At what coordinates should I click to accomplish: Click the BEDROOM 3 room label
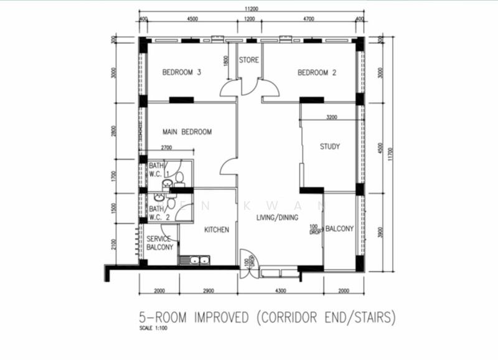[x=181, y=72]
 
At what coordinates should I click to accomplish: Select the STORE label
[x=249, y=60]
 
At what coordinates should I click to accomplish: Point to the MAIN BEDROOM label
[x=187, y=132]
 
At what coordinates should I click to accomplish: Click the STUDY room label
[x=329, y=147]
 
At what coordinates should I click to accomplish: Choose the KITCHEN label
[x=217, y=230]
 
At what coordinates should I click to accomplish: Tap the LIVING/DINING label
[x=277, y=217]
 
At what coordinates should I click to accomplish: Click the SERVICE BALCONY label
[x=160, y=243]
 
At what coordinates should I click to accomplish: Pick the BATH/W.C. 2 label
[x=159, y=212]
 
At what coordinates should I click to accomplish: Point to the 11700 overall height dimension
[x=390, y=154]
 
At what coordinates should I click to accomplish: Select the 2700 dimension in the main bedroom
[x=167, y=148]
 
